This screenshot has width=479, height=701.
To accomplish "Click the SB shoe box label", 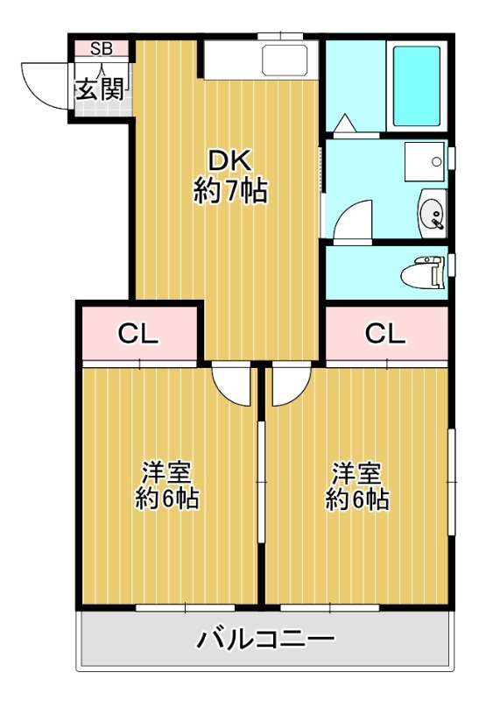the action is click(x=102, y=48).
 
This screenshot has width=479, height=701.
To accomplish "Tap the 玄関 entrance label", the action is click(x=99, y=89).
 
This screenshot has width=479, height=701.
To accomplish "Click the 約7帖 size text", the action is click(x=230, y=191).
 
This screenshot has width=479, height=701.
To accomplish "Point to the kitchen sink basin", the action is click(x=285, y=60).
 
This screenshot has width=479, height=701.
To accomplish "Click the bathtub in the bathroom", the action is click(x=417, y=86).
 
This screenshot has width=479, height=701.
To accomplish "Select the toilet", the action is click(x=424, y=273).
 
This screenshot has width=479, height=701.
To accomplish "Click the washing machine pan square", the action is click(x=425, y=161).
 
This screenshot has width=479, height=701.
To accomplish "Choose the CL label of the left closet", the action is click(x=138, y=334).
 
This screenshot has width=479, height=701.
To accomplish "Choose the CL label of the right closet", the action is click(x=385, y=334).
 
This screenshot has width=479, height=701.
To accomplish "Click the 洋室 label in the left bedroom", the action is click(x=166, y=472).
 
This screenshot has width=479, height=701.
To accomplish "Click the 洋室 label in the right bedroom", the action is click(x=356, y=472).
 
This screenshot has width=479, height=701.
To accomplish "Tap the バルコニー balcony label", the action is click(x=265, y=640).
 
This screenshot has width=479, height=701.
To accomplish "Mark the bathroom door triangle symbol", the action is click(x=345, y=124).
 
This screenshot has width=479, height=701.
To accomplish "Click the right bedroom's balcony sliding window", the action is click(x=330, y=607).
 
